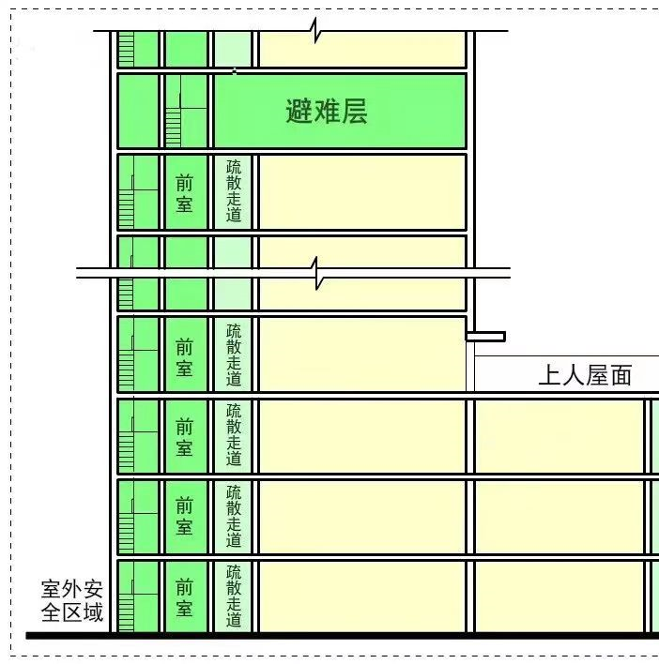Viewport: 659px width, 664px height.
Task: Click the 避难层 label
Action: click(326, 112)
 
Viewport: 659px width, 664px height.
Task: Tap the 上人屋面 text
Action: click(584, 376)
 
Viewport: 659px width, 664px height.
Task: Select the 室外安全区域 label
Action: click(72, 602)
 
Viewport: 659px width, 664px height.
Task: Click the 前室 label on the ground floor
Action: click(185, 597)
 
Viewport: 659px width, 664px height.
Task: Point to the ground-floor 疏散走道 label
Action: click(234, 596)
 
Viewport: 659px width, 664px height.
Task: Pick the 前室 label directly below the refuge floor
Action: click(185, 192)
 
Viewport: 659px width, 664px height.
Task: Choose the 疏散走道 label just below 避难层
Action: click(234, 191)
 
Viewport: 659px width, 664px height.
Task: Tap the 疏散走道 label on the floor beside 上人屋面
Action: click(234, 355)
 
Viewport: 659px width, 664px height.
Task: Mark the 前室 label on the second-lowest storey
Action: click(185, 517)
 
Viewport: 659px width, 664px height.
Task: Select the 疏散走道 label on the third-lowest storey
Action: click(234, 435)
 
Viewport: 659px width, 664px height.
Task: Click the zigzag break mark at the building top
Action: click(318, 31)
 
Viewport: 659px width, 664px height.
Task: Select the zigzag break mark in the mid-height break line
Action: click(318, 273)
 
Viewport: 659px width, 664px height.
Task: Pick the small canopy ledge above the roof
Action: click(485, 336)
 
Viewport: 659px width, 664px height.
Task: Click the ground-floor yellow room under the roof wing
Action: click(559, 596)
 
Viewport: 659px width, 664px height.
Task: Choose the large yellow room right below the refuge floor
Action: click(361, 191)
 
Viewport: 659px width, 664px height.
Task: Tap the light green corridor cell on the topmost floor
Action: click(234, 49)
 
